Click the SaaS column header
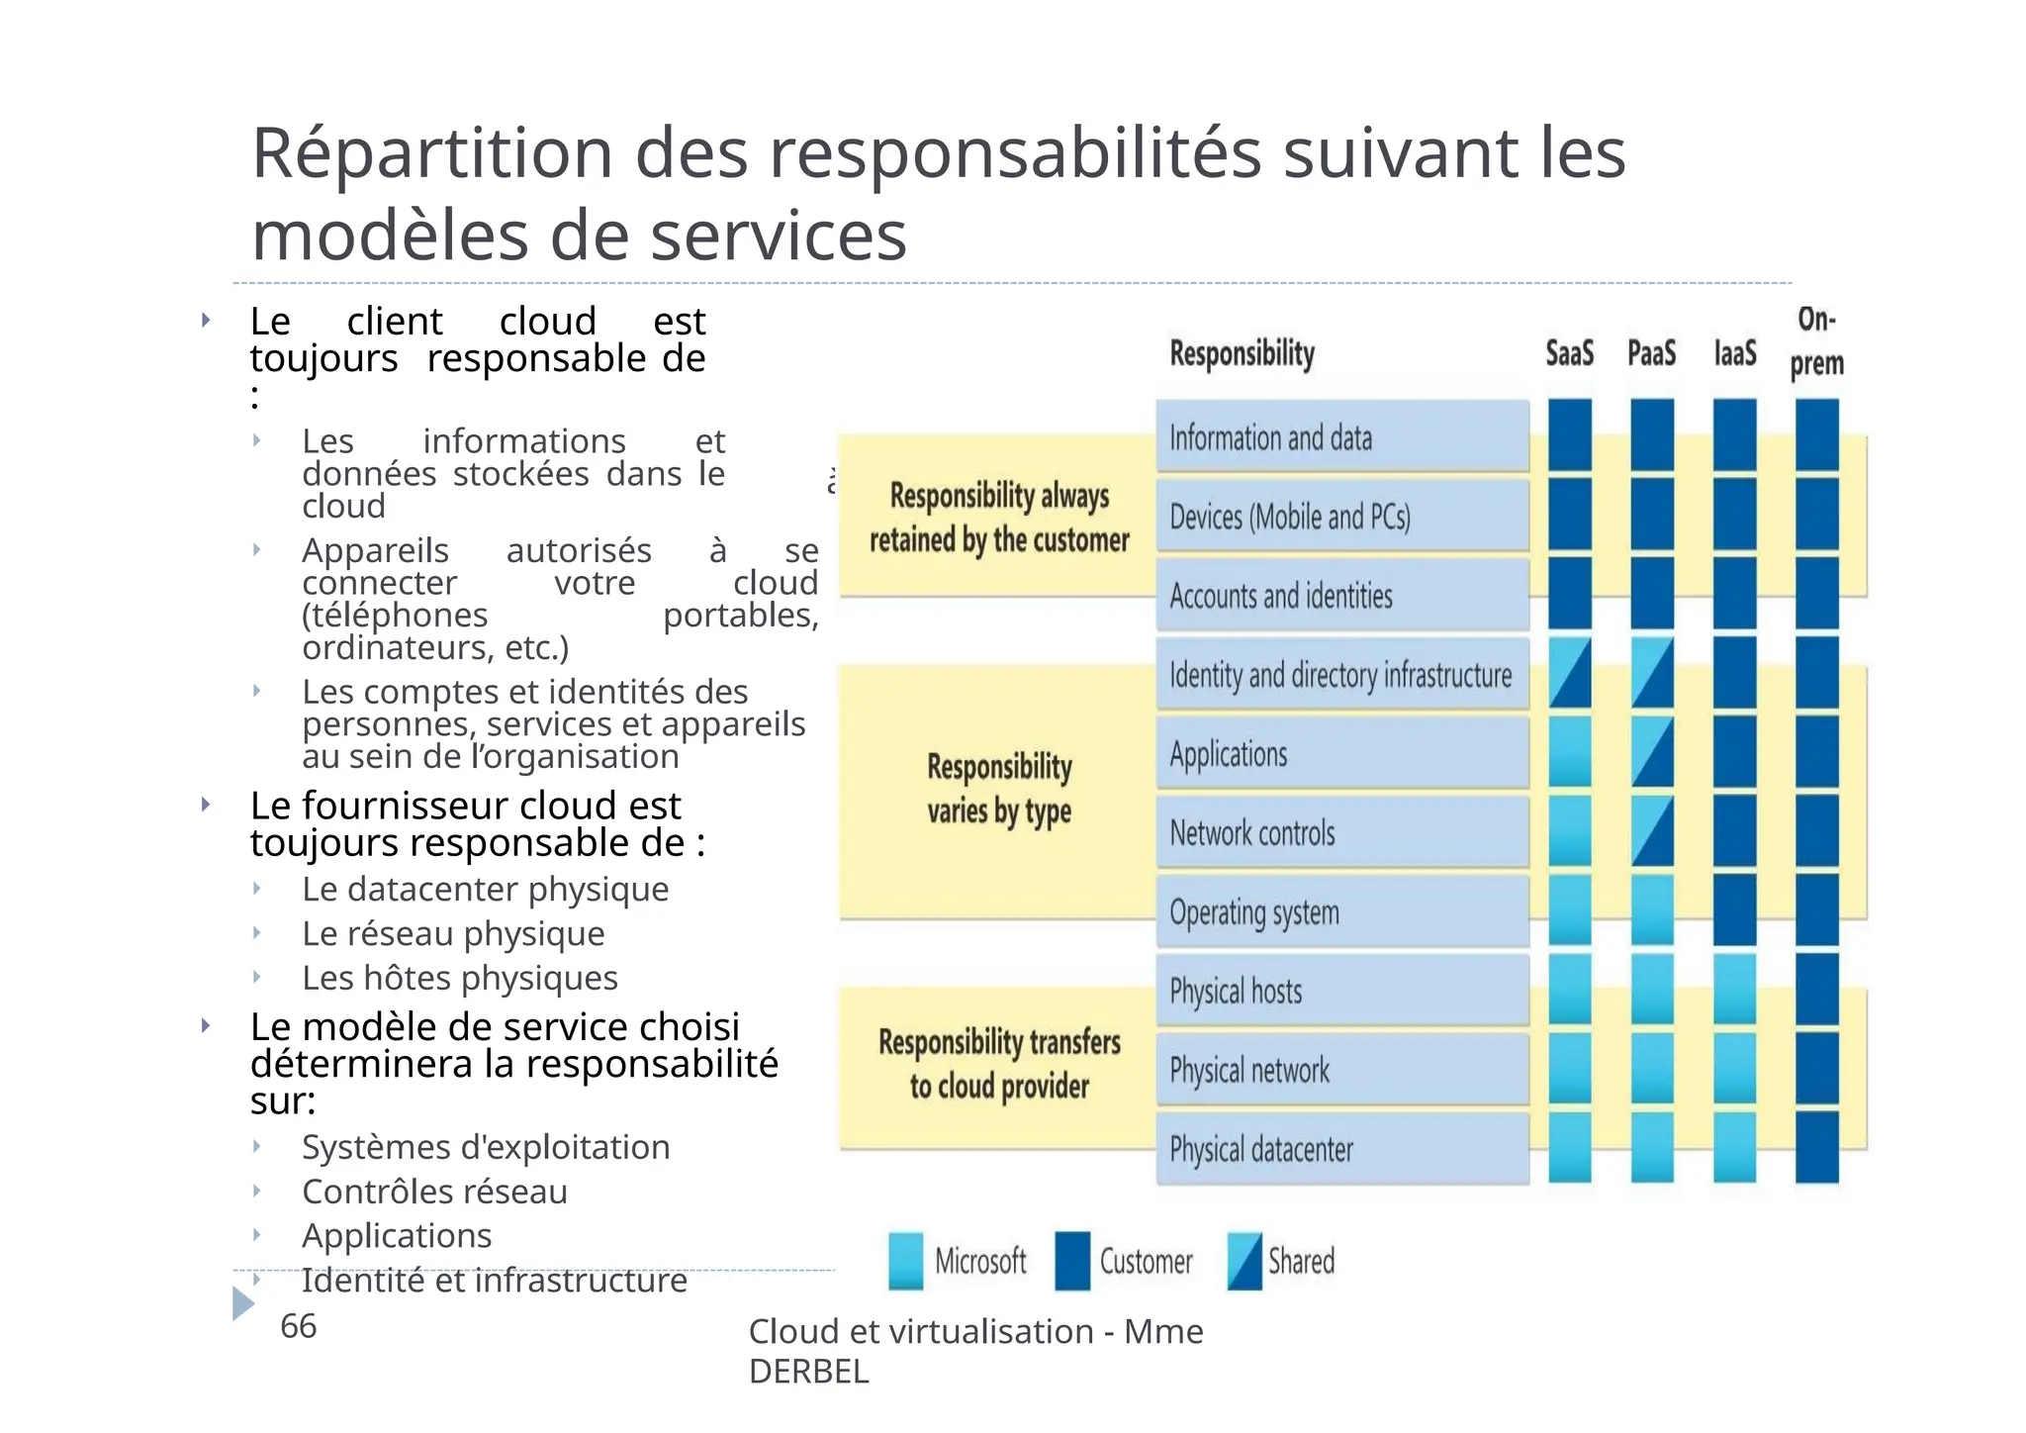[x=1569, y=353]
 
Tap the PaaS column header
[x=1651, y=353]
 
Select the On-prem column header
[x=1816, y=341]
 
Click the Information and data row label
[x=1270, y=437]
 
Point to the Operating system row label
[x=1254, y=911]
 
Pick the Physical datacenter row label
[x=1261, y=1149]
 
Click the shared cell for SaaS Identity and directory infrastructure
[x=1570, y=673]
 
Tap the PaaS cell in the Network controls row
[x=1652, y=831]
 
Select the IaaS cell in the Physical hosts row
[x=1734, y=989]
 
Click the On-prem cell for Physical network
[x=1816, y=1068]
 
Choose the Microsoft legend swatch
[x=905, y=1260]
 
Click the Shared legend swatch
[x=1244, y=1260]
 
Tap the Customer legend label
[x=1146, y=1262]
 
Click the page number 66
[x=298, y=1326]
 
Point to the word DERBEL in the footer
[x=808, y=1372]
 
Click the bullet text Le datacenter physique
[x=485, y=889]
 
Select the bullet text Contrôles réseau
[x=434, y=1192]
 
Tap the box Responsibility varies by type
[x=998, y=789]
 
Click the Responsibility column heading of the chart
[x=1242, y=353]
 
